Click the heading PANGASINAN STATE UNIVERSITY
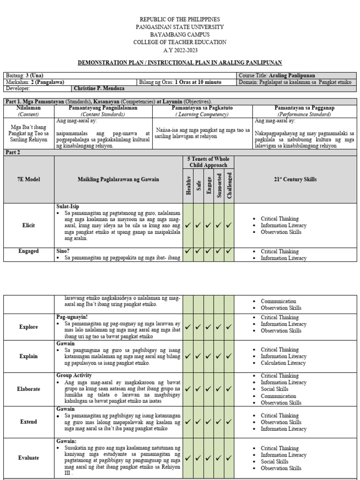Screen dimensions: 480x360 click(x=180, y=27)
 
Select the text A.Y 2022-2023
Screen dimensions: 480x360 click(x=180, y=50)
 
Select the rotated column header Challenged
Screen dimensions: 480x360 click(x=229, y=185)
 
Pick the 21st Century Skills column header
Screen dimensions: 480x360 click(x=295, y=180)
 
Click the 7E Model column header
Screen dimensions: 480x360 click(x=29, y=180)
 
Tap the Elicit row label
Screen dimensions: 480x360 click(x=29, y=225)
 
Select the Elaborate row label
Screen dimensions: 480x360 click(x=29, y=389)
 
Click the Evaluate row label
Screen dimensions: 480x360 click(x=29, y=458)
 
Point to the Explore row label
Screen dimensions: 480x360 click(x=29, y=327)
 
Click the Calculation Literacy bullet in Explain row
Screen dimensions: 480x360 click(x=284, y=363)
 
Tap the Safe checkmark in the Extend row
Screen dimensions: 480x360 click(x=199, y=422)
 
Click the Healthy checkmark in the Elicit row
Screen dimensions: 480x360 click(x=188, y=225)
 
